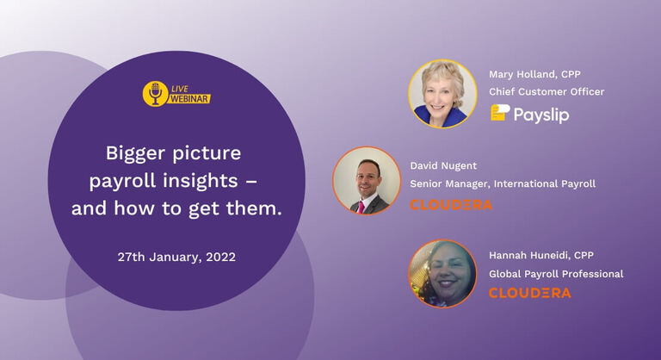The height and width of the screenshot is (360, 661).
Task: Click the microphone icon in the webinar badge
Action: (x=155, y=93)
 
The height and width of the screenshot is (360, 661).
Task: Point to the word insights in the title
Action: (x=216, y=181)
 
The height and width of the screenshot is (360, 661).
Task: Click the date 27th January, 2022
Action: (x=176, y=257)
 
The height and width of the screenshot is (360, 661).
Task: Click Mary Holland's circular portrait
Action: (x=442, y=93)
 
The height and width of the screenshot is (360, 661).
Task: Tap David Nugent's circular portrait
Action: (x=367, y=181)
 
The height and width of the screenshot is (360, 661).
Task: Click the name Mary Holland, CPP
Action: (x=534, y=74)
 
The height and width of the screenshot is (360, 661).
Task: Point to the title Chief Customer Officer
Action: (x=547, y=92)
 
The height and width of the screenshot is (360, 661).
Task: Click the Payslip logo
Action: (x=530, y=114)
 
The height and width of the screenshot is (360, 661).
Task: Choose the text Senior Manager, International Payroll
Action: (x=503, y=183)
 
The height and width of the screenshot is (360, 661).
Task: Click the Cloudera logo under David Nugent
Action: (x=451, y=205)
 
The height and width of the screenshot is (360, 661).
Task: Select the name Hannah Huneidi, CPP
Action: (x=541, y=255)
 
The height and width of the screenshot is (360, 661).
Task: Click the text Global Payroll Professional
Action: (x=556, y=274)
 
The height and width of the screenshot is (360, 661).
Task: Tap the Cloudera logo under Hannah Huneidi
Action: (x=529, y=293)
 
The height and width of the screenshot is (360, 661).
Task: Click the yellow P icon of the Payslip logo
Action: (x=499, y=113)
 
